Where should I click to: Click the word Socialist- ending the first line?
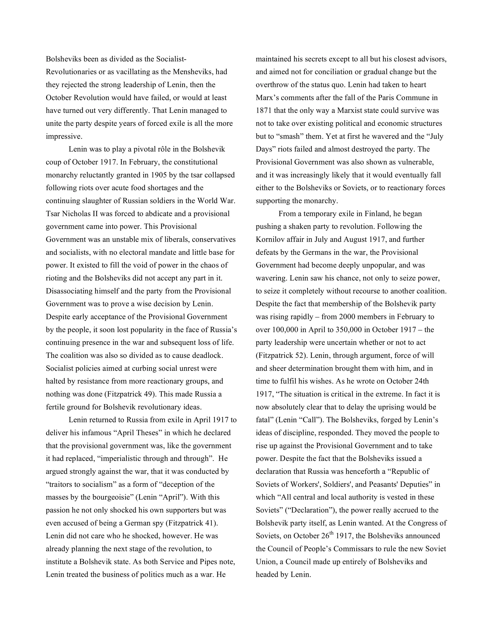pos(171,59)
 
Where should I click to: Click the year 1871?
pos(265,111)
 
